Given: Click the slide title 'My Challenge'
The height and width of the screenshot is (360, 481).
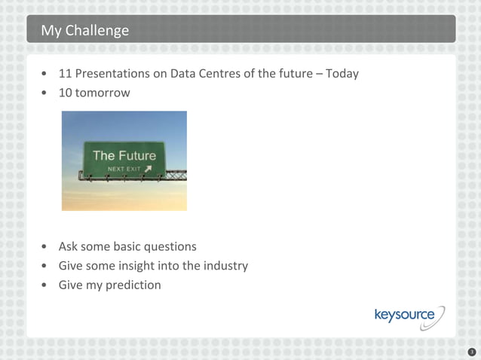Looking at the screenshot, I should (84, 31).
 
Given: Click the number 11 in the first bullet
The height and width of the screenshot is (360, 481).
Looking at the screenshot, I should (66, 74).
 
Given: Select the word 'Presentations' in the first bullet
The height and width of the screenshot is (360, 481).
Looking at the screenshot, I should (112, 74).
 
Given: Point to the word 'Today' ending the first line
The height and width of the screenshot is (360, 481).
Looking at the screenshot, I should (342, 74).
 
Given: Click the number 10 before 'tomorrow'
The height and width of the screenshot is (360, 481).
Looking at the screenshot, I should (66, 93).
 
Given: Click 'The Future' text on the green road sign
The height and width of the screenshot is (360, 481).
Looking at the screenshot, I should (124, 156).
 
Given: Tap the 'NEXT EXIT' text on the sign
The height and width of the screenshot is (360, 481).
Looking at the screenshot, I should (124, 169).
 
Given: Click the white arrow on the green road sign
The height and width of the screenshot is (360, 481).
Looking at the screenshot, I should (148, 169).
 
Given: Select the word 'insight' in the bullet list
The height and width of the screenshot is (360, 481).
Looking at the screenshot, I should (130, 266).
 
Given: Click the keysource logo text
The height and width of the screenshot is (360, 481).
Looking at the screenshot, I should (404, 315).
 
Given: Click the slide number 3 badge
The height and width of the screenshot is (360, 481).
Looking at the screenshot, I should (471, 351).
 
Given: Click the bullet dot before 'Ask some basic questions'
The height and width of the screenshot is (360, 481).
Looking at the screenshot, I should (47, 247).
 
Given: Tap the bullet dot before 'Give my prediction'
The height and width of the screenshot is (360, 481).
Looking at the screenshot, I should (47, 285).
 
